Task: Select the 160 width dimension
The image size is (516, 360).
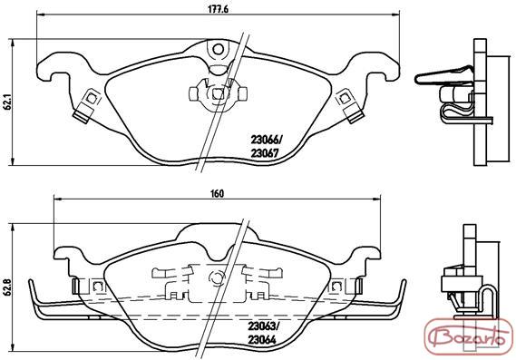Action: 218,193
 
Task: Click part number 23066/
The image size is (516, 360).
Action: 267,141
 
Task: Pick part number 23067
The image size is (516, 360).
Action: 265,153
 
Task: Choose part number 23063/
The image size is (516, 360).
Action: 264,326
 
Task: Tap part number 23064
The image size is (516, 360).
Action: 262,339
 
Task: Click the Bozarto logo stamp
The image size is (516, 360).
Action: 470,336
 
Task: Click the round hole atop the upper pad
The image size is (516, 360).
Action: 218,50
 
